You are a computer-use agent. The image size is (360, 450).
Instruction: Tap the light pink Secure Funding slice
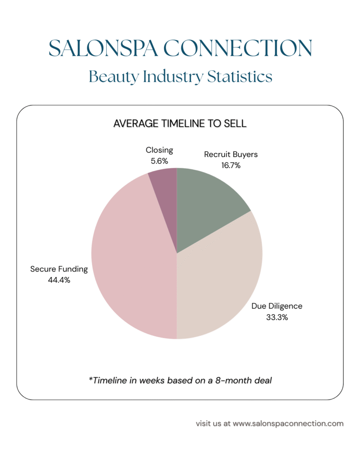[132, 264]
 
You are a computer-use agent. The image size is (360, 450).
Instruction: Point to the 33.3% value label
[277, 317]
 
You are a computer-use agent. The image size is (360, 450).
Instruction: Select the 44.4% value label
[59, 279]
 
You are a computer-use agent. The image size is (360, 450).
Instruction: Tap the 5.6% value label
[160, 161]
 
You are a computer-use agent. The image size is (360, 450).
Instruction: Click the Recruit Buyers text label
[231, 155]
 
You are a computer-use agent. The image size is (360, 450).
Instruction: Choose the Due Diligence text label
[277, 306]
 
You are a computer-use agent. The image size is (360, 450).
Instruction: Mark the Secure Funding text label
[59, 269]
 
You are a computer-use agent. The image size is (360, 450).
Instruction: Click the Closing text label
[160, 150]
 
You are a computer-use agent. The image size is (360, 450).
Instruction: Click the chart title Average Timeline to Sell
[180, 123]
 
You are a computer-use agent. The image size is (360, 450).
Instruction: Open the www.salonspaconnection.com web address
[288, 424]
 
